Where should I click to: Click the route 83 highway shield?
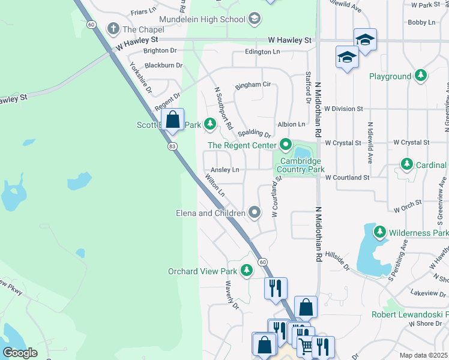coord(172,146)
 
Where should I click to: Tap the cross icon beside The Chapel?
coord(112,28)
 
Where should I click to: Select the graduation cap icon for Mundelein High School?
coord(255,19)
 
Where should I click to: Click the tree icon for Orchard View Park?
coord(246,271)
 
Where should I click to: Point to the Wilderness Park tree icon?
coord(379,232)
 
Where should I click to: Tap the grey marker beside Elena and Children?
coord(255,212)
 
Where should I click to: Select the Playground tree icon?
coord(421,76)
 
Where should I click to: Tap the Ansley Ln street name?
coord(225,170)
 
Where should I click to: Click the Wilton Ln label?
coord(214,186)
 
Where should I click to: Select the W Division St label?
coord(344,109)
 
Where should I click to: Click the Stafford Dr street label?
coord(308,88)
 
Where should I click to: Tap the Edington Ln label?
coord(262,52)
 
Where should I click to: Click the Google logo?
coord(20,353)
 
